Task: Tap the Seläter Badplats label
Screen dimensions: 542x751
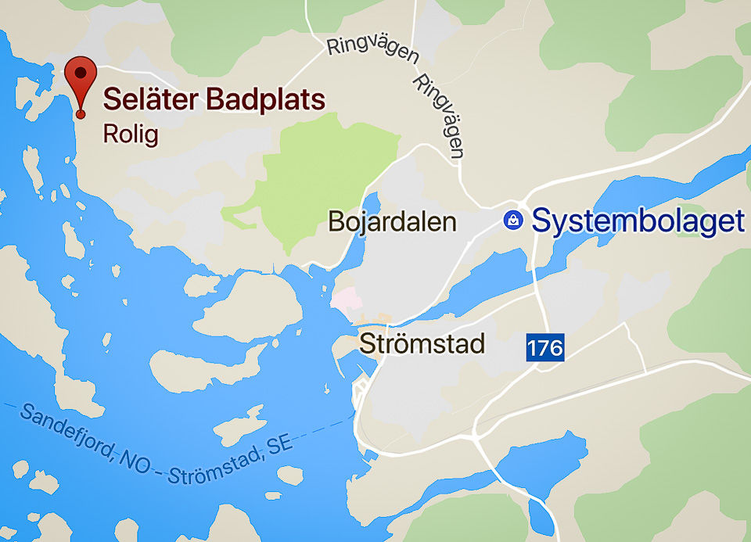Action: [x=214, y=100]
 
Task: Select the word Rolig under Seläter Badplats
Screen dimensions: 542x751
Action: [x=131, y=134]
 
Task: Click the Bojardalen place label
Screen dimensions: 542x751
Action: [x=392, y=221]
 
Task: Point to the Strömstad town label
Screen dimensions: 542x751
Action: [x=422, y=343]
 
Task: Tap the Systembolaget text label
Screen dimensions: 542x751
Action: [x=638, y=221]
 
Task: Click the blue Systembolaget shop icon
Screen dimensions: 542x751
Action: [x=513, y=221]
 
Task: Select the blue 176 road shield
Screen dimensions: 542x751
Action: [x=544, y=347]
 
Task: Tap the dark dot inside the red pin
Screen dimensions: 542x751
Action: [x=80, y=74]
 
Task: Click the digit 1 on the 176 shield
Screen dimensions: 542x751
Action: [x=533, y=347]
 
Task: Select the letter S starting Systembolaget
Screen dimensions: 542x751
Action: [x=542, y=221]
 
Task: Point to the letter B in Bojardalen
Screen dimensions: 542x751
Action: [x=336, y=221]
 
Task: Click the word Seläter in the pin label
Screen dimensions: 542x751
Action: [x=151, y=100]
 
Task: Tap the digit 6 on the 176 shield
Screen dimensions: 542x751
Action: [x=555, y=347]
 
